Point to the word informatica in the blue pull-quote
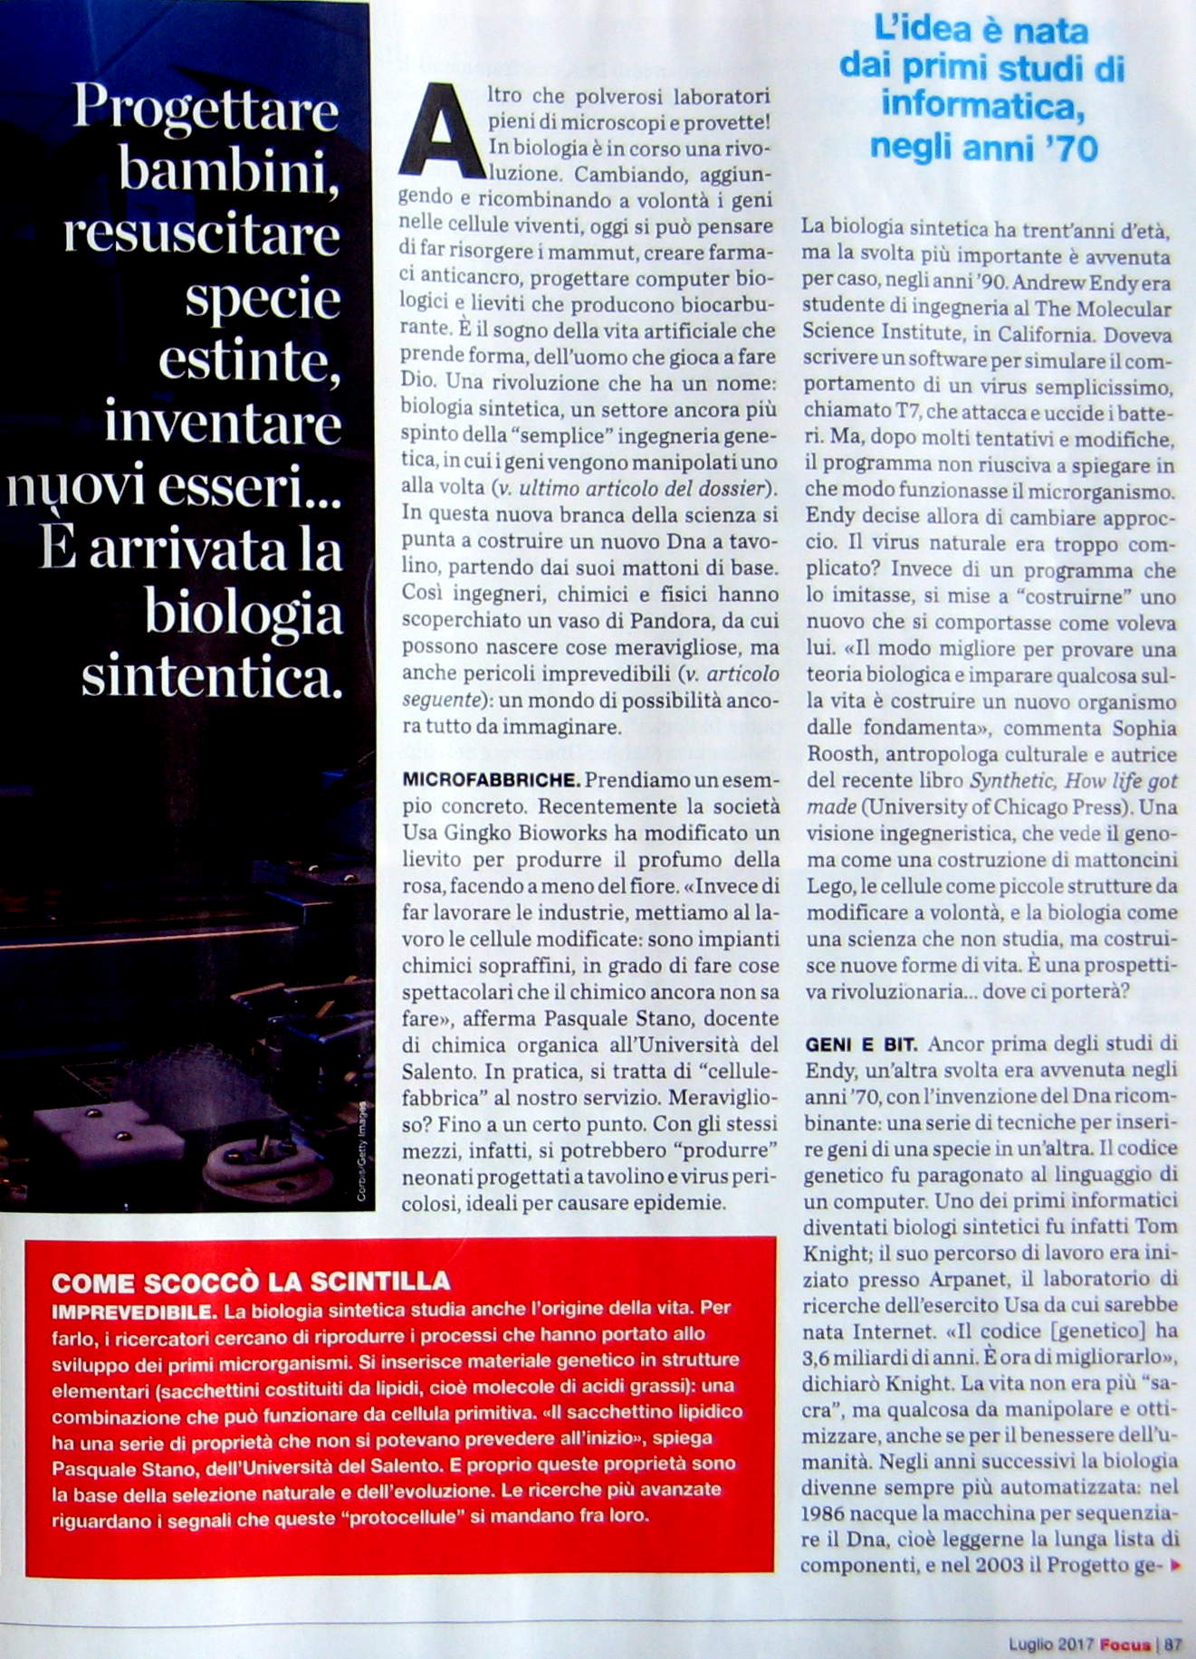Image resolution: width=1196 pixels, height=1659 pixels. coord(982,107)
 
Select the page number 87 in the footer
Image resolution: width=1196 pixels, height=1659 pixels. coord(1173,1644)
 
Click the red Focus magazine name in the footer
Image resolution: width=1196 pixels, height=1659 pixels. coord(1125,1644)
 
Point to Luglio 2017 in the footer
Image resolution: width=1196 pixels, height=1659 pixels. coord(1051,1644)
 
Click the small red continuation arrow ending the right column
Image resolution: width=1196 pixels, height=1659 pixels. coord(1175,1564)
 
